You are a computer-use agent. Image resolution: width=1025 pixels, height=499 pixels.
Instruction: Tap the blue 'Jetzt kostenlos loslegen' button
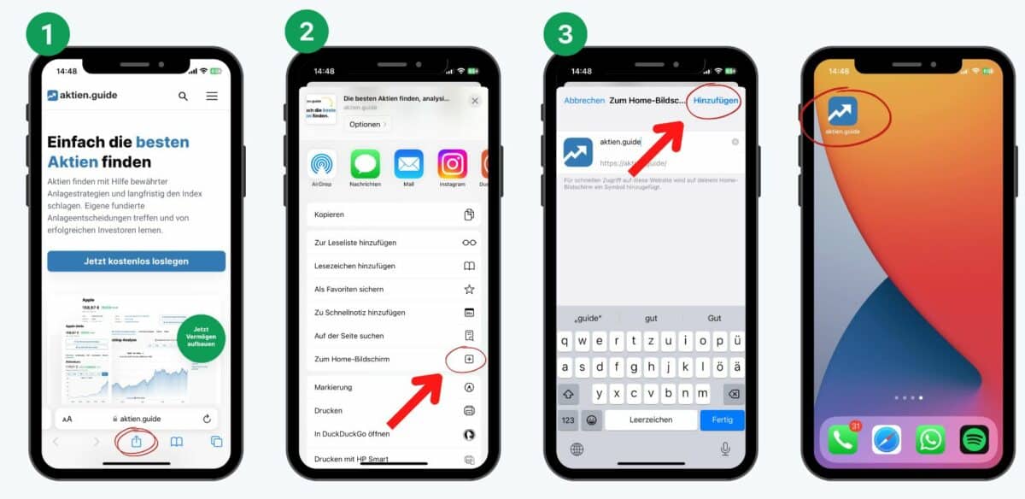[x=137, y=261]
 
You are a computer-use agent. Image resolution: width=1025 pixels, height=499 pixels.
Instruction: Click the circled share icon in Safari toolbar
[x=136, y=442]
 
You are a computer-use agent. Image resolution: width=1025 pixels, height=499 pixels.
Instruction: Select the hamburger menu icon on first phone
[x=212, y=97]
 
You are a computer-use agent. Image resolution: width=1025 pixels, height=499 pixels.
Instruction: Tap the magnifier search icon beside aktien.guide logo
[x=183, y=97]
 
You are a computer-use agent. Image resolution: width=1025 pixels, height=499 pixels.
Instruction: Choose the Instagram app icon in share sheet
[x=452, y=164]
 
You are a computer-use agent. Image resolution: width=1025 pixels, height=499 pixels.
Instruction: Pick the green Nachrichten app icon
[x=365, y=164]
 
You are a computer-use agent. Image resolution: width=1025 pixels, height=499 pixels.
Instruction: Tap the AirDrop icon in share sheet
[x=322, y=164]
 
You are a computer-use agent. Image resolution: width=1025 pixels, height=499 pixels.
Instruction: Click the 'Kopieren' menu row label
[x=330, y=214]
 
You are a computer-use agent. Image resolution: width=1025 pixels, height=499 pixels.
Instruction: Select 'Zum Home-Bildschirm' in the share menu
[x=352, y=360]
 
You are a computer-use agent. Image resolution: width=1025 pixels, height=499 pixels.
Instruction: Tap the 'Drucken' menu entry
[x=329, y=411]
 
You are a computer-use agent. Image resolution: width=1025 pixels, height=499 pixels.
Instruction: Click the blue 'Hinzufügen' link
[x=716, y=101]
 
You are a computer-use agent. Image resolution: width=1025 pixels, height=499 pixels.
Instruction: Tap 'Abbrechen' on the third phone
[x=584, y=101]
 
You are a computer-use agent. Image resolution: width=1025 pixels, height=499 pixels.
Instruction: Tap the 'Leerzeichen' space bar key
[x=651, y=420]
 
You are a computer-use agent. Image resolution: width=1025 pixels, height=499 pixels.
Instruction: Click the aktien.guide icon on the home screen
[x=843, y=111]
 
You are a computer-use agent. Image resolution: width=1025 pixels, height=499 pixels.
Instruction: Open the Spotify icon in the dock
[x=974, y=439]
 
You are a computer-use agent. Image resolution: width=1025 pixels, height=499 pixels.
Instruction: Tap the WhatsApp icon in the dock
[x=930, y=439]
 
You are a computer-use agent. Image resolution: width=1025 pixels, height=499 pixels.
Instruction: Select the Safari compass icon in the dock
[x=887, y=439]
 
